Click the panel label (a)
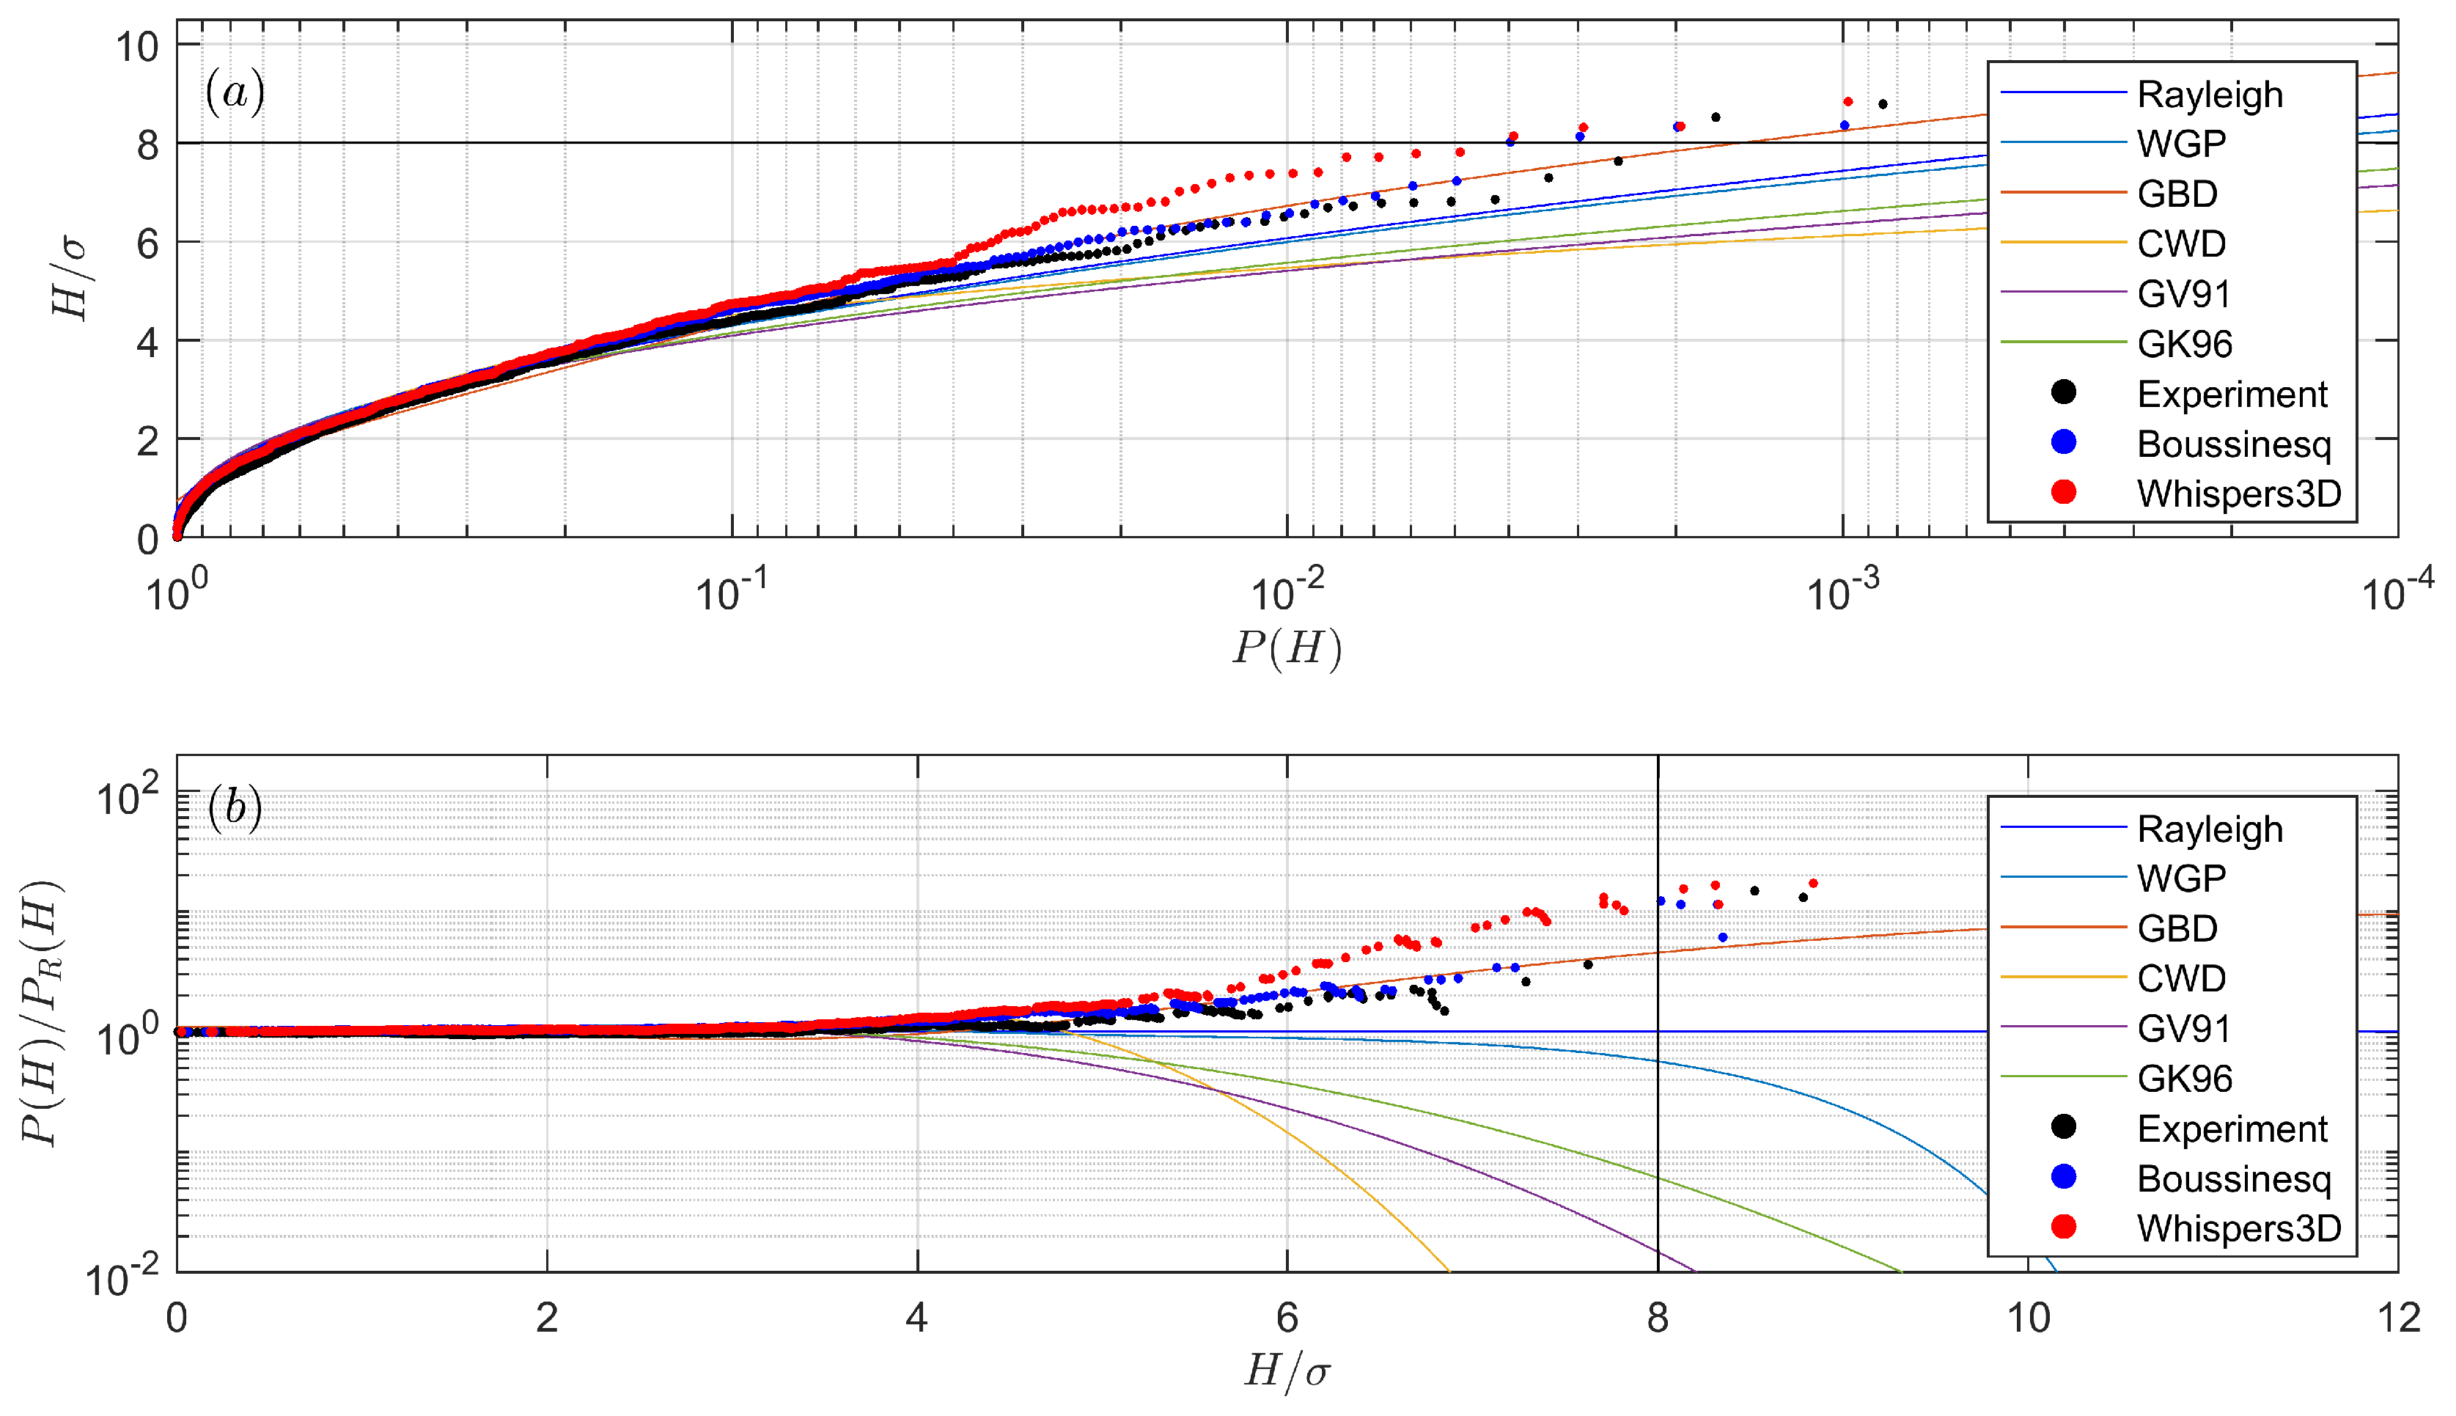tap(235, 92)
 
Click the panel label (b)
tap(235, 808)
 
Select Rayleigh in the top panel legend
tap(2209, 95)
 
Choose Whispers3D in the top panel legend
tap(2238, 494)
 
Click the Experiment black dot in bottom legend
tap(2063, 1127)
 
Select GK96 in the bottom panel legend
tap(2184, 1079)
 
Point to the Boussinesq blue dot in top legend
tap(2063, 442)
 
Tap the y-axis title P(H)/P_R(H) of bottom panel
tap(43, 1013)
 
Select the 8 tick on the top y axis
tap(147, 144)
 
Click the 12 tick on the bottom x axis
tap(2397, 1318)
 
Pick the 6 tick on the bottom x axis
tap(1287, 1318)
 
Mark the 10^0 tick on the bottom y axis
tap(126, 1038)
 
